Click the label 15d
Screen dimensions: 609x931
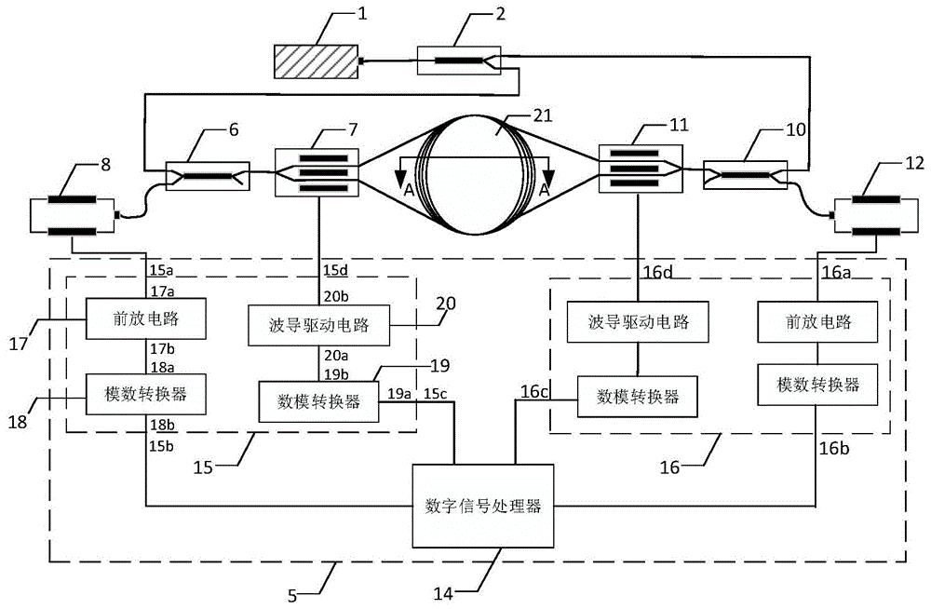point(334,270)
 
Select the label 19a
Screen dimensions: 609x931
point(401,395)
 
